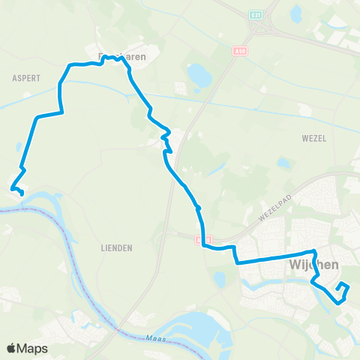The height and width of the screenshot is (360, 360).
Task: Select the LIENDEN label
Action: click(x=116, y=247)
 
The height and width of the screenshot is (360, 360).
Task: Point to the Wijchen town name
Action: click(x=313, y=265)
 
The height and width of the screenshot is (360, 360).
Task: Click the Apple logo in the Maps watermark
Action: click(x=12, y=348)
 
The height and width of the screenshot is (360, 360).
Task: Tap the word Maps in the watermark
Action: click(x=32, y=348)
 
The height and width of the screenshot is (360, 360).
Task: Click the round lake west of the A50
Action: click(x=200, y=75)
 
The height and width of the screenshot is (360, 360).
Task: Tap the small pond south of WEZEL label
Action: click(x=283, y=162)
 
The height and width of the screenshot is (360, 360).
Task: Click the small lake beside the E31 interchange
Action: click(x=296, y=13)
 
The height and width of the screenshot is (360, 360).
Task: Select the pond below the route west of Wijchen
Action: click(x=219, y=279)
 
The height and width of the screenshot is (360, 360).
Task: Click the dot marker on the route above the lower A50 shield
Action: click(x=199, y=208)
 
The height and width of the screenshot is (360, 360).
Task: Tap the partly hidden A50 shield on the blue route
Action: click(x=199, y=240)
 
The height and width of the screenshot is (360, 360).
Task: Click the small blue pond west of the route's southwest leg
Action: click(x=17, y=148)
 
